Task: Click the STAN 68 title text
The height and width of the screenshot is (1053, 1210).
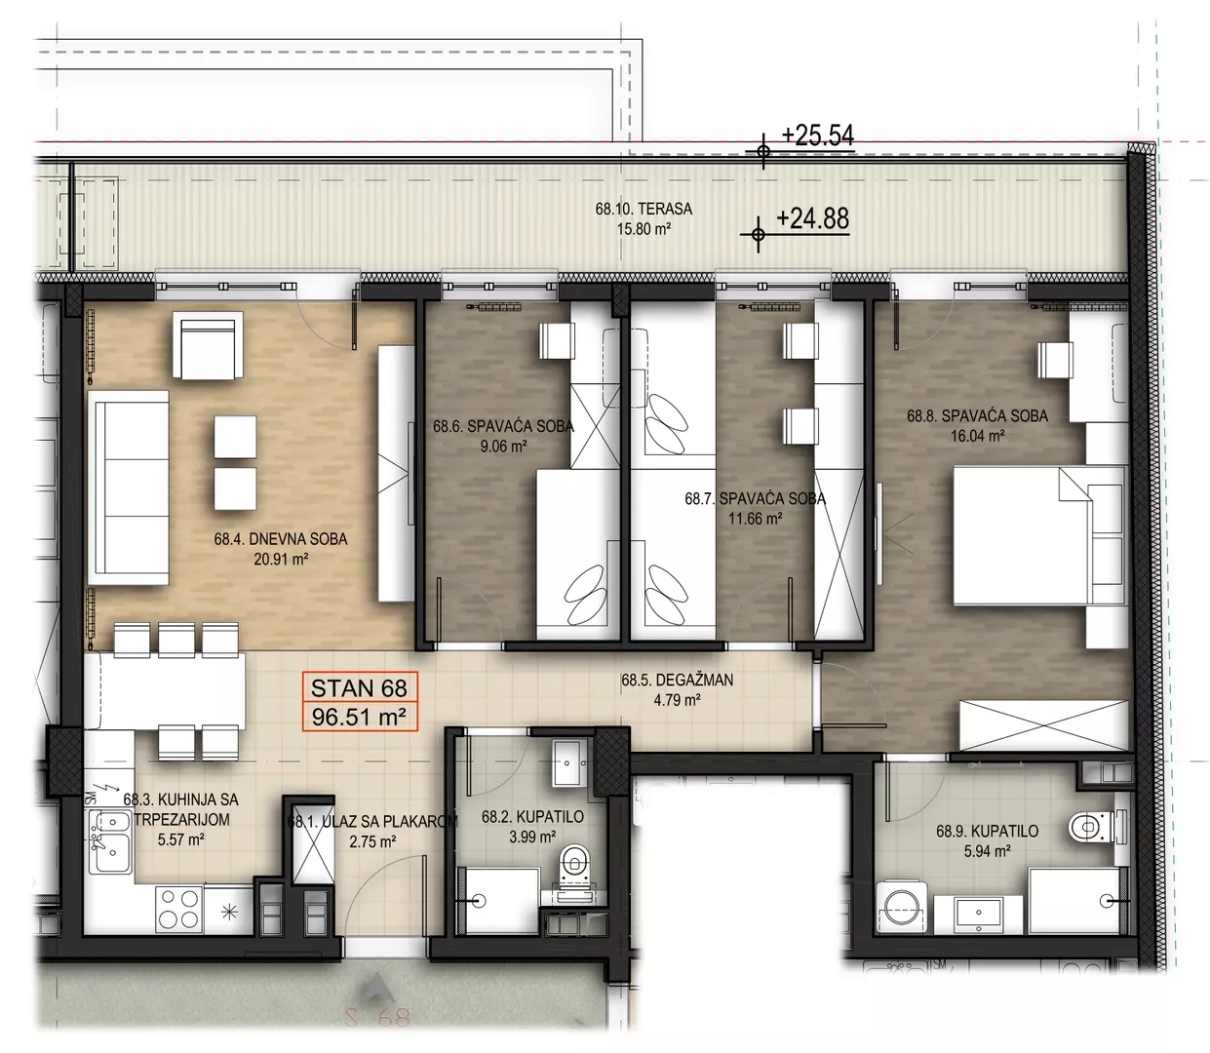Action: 359,688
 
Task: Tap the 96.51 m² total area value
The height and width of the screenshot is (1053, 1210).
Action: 359,718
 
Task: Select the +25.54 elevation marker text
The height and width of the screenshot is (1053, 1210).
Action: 817,136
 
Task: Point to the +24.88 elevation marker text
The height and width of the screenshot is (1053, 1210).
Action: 812,218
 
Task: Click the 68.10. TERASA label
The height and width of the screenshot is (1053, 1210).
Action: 644,209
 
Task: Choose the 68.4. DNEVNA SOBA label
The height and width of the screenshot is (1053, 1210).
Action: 281,539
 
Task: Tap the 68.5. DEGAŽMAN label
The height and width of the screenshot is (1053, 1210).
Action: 677,680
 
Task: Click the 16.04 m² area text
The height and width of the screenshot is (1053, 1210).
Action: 978,436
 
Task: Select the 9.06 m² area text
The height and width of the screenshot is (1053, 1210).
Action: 503,446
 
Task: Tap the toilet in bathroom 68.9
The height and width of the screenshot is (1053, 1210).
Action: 1094,827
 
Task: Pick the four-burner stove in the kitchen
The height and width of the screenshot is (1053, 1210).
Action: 179,910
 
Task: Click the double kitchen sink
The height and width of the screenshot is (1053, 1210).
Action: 109,842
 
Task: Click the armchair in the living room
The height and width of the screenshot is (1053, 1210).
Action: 208,345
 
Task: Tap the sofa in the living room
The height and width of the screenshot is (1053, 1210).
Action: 129,487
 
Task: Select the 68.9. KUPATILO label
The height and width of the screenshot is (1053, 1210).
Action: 987,831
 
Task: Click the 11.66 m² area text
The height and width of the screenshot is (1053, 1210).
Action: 756,519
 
